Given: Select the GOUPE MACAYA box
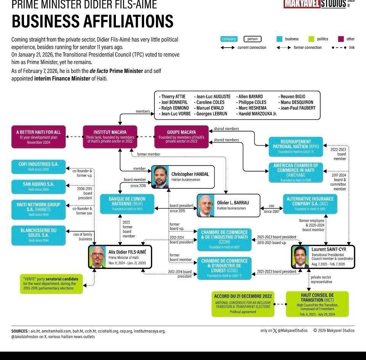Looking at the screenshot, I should coord(181,137).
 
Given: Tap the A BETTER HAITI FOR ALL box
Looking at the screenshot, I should coord(39,137).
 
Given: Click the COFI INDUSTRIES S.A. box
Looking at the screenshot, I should coord(39,166).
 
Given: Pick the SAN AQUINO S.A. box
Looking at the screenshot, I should coord(39,186).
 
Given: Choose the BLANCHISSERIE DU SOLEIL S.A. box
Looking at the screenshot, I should coord(39,235).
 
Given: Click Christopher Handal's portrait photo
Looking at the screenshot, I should coord(160,177).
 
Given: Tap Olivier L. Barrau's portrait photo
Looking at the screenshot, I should coord(206,206).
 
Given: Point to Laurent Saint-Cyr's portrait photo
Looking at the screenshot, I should coord(300,257).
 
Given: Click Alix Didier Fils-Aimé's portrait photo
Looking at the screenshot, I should coord(98,257).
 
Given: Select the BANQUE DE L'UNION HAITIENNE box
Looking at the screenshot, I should coord(127,204).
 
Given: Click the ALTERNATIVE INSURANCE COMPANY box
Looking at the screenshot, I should coord(310,204).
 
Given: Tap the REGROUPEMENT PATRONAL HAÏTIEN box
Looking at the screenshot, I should coord(295,146).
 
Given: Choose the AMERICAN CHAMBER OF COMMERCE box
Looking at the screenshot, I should coord(295,172).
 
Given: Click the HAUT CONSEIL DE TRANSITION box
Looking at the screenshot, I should coord(317,304).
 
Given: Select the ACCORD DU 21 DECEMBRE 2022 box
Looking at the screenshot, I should coord(243,304).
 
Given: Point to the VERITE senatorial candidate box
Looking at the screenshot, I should coord(51,284).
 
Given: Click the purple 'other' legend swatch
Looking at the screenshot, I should coord(341,39).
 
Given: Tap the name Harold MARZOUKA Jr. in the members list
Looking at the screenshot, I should coord(257,114).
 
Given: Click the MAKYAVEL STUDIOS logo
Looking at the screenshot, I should coord(315,4).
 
